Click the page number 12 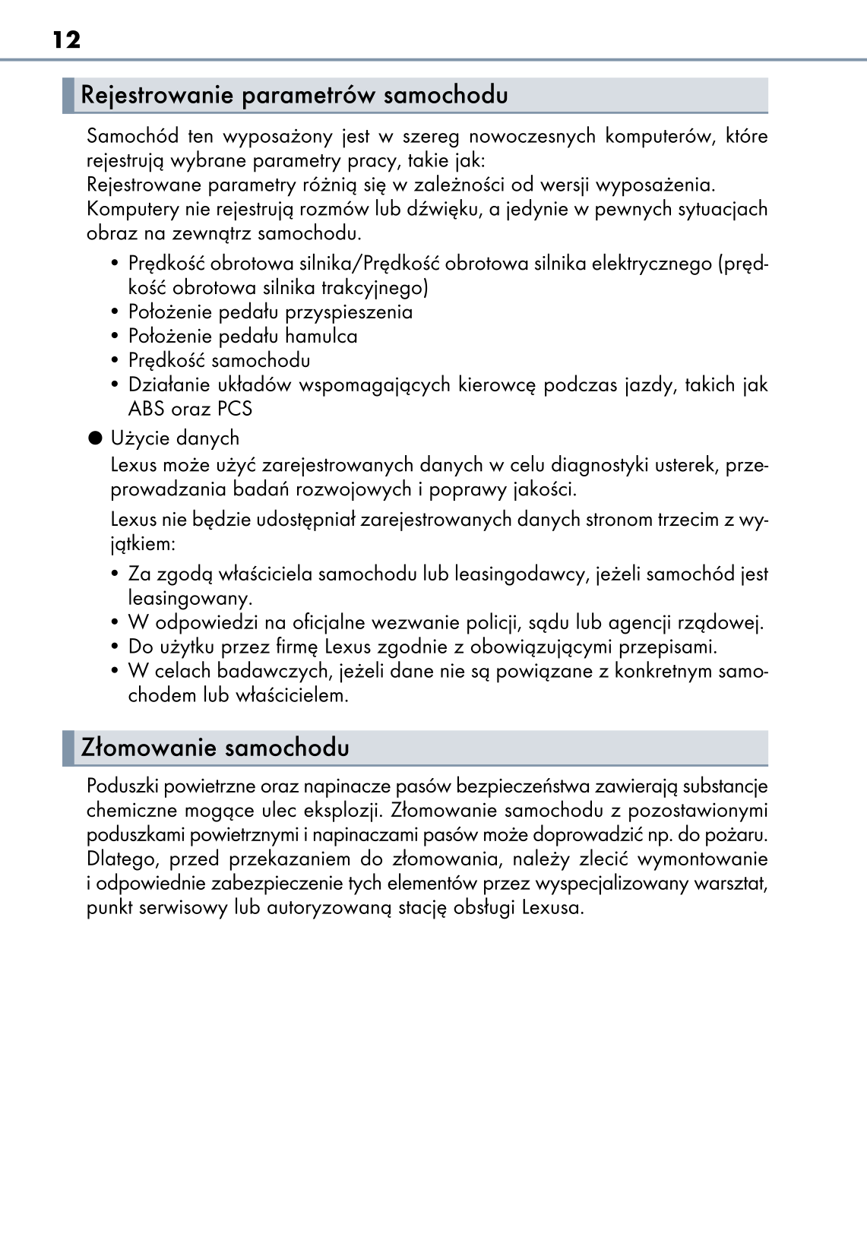coord(67,40)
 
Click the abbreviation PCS coord(234,409)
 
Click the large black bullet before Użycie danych coord(94,438)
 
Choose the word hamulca coord(321,337)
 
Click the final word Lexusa coord(552,908)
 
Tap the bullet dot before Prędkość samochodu coord(115,361)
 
